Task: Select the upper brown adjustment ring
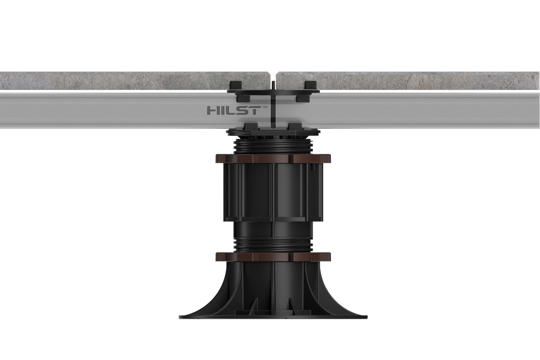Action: (273, 158)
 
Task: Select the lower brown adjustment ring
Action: (273, 257)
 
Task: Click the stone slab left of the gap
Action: (135, 81)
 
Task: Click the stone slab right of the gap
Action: (407, 81)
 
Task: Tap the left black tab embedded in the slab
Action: (236, 86)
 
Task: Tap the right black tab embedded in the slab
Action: (310, 86)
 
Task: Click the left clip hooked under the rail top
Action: (244, 98)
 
